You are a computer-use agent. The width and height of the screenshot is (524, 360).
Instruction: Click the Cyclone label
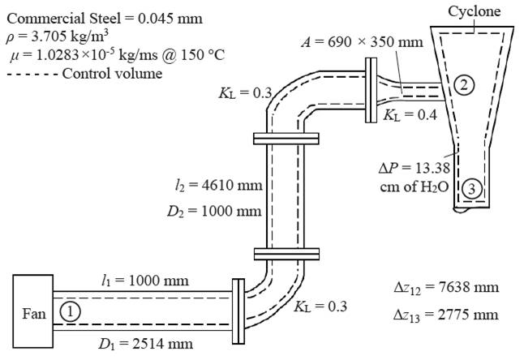click(475, 11)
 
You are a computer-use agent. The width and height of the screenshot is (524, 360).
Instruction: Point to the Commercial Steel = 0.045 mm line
click(105, 18)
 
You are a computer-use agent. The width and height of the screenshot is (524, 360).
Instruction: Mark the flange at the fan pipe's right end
click(238, 311)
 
